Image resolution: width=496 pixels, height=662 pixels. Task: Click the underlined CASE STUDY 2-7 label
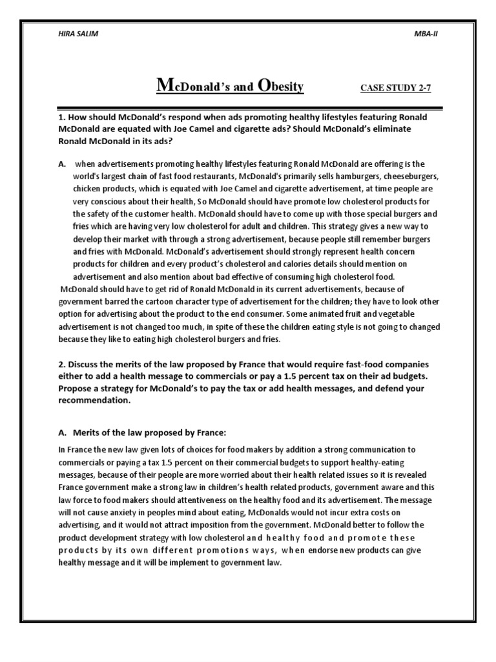395,88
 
